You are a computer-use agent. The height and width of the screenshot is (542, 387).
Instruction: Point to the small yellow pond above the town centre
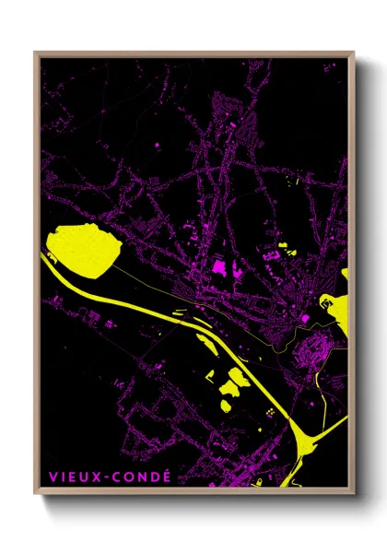click(282, 246)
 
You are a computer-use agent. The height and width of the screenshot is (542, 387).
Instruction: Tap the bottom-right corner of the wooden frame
click(354, 495)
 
